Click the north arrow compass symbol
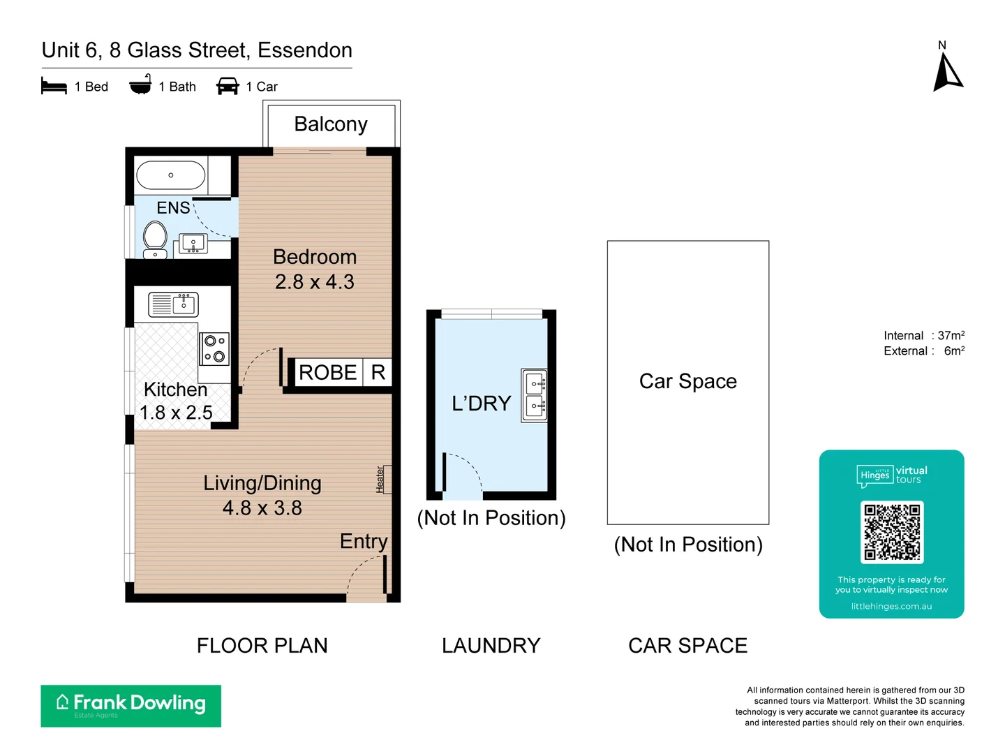coord(947,73)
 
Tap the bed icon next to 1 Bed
coord(54,87)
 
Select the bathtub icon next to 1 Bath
coord(140,85)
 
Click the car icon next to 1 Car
coord(228,87)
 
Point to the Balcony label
coord(330,124)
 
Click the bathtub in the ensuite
coord(171,175)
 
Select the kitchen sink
coord(173,304)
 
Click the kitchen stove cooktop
coord(214,348)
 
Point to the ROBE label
coord(327,373)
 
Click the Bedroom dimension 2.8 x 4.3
coord(314,282)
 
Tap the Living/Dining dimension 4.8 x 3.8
coord(262,508)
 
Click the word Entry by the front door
coord(363,542)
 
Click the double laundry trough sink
coord(535,395)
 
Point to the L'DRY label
coord(482,404)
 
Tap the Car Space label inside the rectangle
coord(687,381)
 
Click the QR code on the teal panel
coord(892,532)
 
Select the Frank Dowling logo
coord(131,705)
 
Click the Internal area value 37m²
coord(951,336)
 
